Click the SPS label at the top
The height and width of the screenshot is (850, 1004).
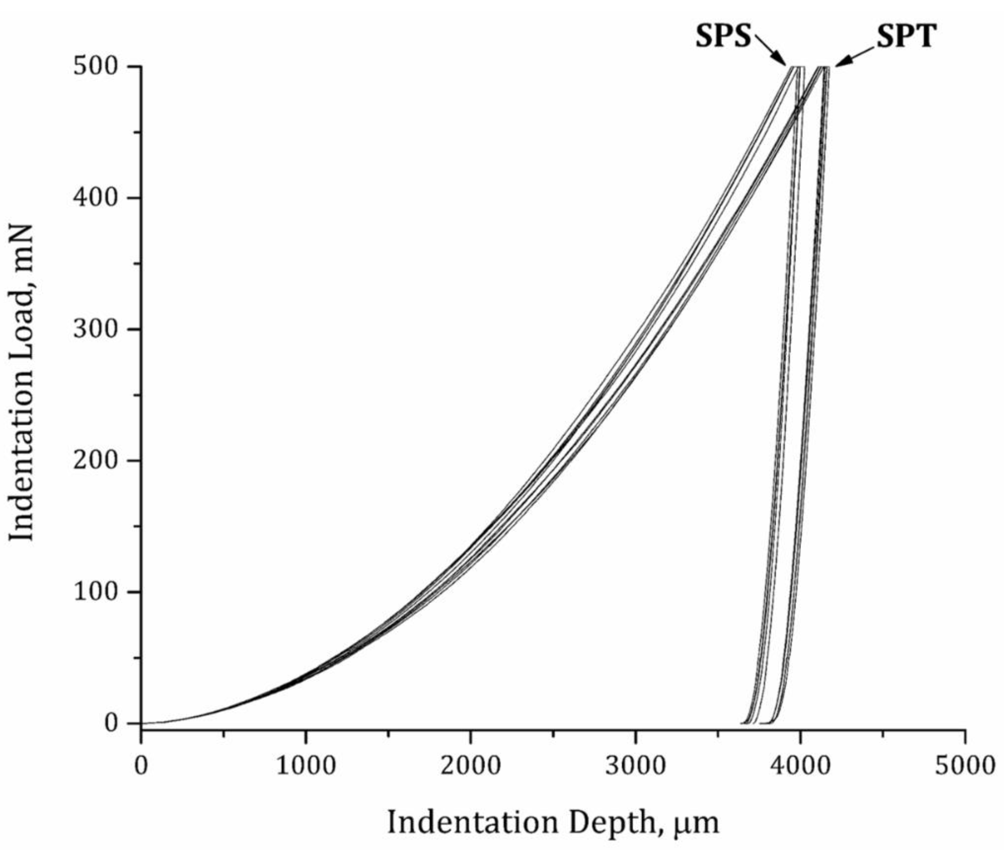pos(723,37)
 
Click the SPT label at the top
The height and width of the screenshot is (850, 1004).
pos(906,37)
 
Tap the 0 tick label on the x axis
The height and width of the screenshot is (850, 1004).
pos(141,766)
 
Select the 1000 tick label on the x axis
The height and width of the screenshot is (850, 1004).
pos(306,766)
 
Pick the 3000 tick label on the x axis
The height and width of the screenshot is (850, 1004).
pos(635,766)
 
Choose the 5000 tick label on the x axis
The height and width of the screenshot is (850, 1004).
pos(964,766)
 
